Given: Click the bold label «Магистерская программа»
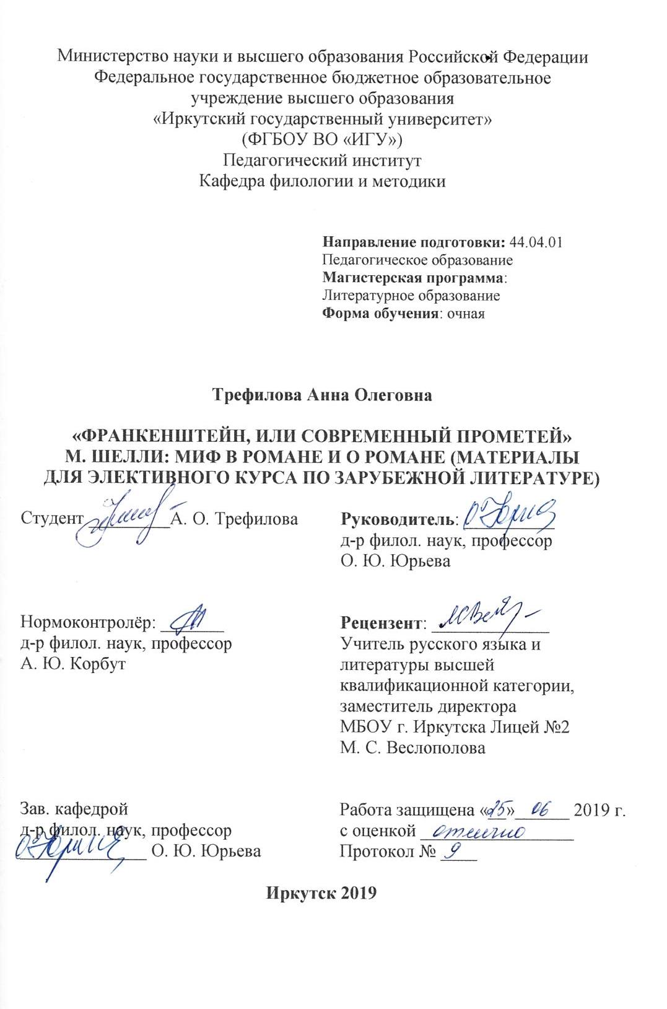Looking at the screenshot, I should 414,278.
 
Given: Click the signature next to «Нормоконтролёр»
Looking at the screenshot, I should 190,617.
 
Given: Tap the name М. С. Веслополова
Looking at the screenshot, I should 412,747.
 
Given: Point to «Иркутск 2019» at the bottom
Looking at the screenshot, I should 321,893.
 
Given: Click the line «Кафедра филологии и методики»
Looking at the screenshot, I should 322,182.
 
